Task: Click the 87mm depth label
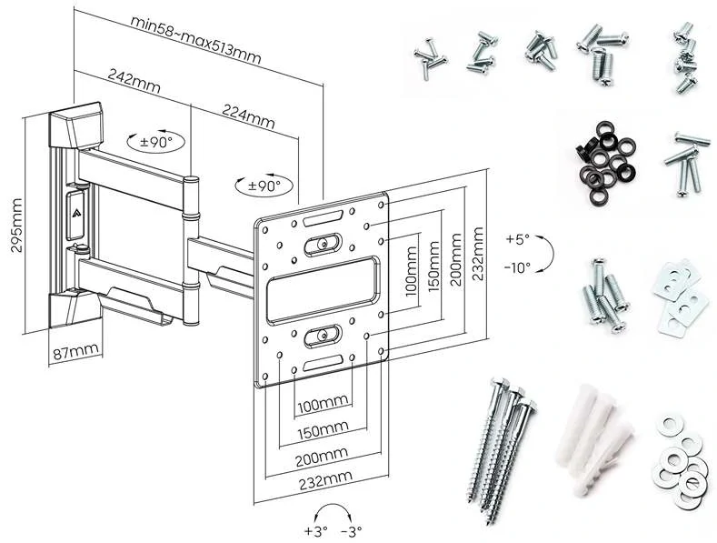pos(75,350)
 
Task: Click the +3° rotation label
pos(315,530)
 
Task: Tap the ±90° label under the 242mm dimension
pos(155,142)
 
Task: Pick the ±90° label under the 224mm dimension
pos(264,186)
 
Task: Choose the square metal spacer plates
pos(679,296)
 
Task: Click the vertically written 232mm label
pos(482,245)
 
